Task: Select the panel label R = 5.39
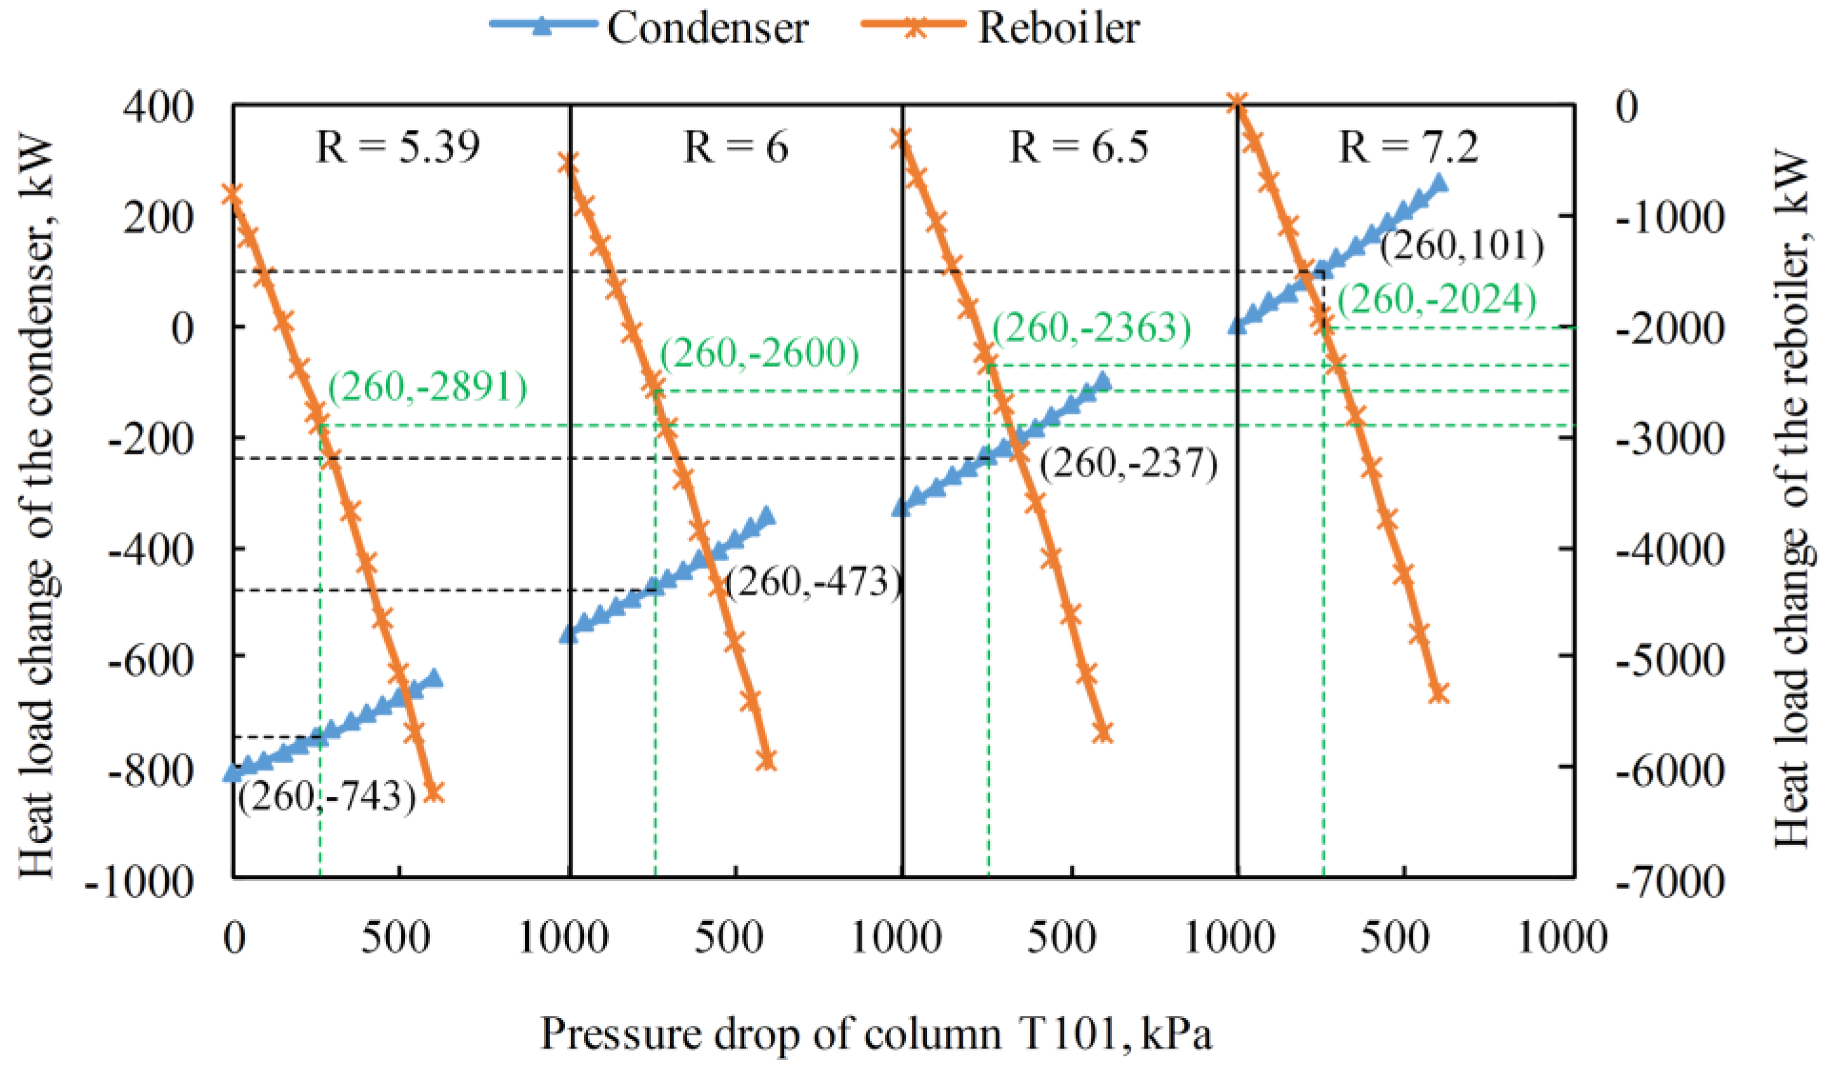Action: point(397,147)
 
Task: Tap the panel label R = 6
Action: point(735,147)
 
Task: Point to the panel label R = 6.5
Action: point(1079,147)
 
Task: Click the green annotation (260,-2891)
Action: point(427,388)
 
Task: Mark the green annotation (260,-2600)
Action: point(759,354)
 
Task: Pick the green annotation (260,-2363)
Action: point(1091,329)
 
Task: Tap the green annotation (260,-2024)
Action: point(1436,300)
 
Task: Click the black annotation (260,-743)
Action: point(327,797)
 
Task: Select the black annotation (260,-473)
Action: point(813,582)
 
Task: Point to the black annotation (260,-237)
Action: point(1128,464)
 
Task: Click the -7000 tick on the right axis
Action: point(1669,882)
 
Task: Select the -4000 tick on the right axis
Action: point(1669,550)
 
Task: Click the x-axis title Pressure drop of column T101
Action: point(876,1034)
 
